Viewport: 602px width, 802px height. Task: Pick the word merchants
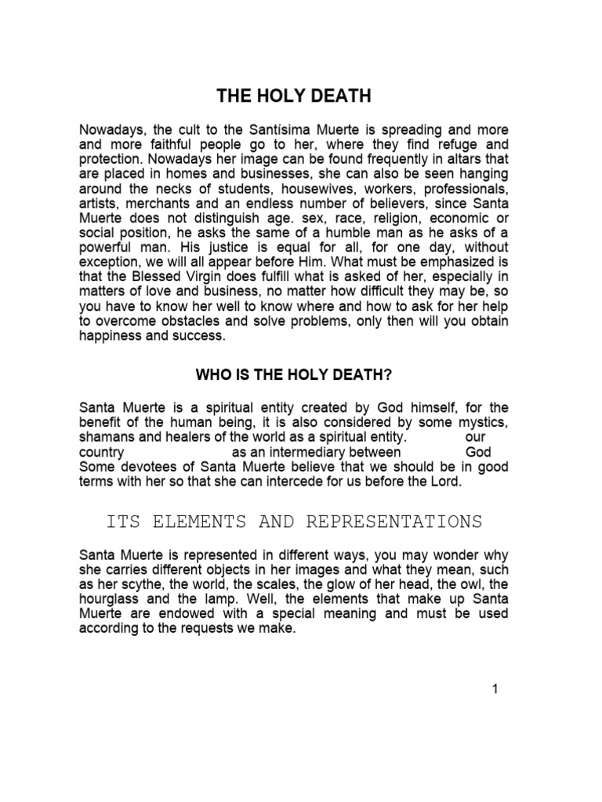tap(155, 209)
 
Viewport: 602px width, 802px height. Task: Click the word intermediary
tap(313, 452)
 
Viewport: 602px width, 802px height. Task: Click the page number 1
tap(495, 689)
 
